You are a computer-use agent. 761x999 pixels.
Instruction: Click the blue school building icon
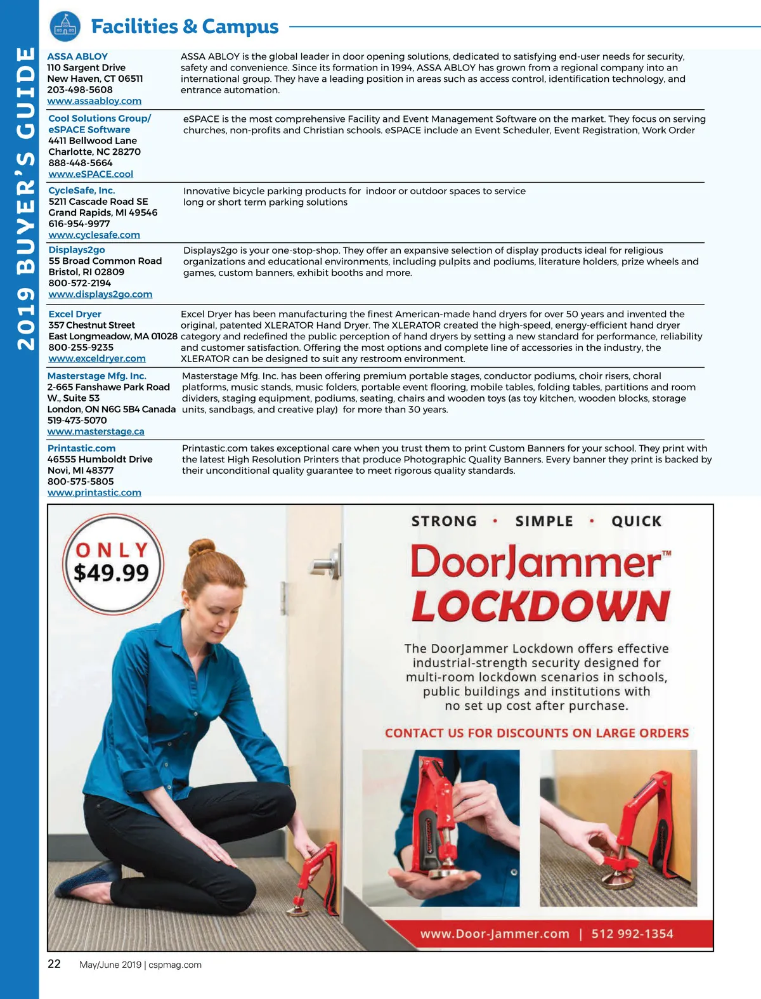[x=65, y=27]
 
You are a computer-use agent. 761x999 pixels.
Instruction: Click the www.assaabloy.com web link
[x=94, y=101]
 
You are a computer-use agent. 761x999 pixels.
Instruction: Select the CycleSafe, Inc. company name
[x=82, y=190]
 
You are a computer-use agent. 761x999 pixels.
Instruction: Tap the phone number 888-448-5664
[x=81, y=163]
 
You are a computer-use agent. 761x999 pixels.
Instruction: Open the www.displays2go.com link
[x=100, y=294]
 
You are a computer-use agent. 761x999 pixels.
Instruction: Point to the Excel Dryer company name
[x=75, y=314]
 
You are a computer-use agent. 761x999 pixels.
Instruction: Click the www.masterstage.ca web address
[x=96, y=431]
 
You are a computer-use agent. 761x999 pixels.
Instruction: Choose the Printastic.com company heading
[x=81, y=448]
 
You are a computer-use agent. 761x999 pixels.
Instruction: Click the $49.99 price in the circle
[x=112, y=573]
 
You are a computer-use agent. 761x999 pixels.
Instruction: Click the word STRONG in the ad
[x=444, y=521]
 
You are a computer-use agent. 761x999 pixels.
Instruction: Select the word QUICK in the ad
[x=636, y=521]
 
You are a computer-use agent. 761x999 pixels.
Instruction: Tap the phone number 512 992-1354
[x=632, y=934]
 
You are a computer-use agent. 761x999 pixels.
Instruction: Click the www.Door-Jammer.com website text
[x=495, y=934]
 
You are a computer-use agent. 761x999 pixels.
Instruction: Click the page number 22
[x=55, y=964]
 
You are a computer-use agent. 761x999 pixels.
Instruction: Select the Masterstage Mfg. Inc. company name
[x=96, y=376]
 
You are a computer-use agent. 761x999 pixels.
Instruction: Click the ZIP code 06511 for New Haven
[x=131, y=79]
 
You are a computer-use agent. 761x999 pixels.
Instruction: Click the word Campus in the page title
[x=240, y=27]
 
